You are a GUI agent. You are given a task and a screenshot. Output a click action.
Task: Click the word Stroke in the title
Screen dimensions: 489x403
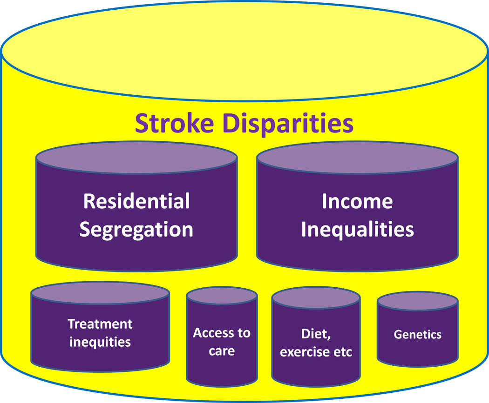174,123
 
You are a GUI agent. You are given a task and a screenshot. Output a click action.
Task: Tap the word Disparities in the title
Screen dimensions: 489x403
288,123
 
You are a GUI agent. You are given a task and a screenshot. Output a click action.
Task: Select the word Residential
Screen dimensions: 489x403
136,201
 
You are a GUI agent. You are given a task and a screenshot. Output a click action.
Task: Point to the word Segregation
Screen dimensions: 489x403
136,230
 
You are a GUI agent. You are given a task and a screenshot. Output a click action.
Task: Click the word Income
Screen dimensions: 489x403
357,201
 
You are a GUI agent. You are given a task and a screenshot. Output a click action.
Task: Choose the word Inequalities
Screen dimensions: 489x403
357,230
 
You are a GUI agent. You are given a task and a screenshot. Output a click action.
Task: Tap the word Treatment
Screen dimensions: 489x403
100,324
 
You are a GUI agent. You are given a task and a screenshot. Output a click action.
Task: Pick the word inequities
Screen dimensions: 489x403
100,342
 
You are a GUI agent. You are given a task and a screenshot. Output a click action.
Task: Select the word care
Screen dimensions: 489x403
222,351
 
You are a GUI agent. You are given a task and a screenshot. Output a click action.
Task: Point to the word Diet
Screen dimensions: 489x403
316,334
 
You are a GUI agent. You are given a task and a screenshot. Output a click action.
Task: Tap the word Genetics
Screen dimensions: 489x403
418,335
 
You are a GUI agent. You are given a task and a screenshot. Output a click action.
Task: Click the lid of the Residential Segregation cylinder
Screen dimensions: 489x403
136,158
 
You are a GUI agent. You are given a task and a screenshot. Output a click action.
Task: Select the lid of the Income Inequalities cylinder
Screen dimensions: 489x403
357,158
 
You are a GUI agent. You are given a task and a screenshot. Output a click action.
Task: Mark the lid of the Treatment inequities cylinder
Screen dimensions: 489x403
100,293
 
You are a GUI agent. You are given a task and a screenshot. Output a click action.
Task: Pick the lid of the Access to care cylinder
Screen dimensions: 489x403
222,296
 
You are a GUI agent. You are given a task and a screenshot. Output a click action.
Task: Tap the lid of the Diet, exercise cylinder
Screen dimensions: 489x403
316,298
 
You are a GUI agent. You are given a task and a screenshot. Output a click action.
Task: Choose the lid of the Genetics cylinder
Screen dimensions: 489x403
418,301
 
